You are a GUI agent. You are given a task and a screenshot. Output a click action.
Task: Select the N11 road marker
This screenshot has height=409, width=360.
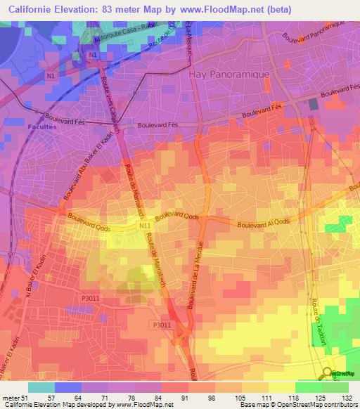144,225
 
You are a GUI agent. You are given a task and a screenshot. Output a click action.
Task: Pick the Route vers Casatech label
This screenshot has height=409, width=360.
113,103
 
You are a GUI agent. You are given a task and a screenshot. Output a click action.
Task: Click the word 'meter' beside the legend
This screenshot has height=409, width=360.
11,397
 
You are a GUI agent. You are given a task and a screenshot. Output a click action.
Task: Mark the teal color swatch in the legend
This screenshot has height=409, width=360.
41,387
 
